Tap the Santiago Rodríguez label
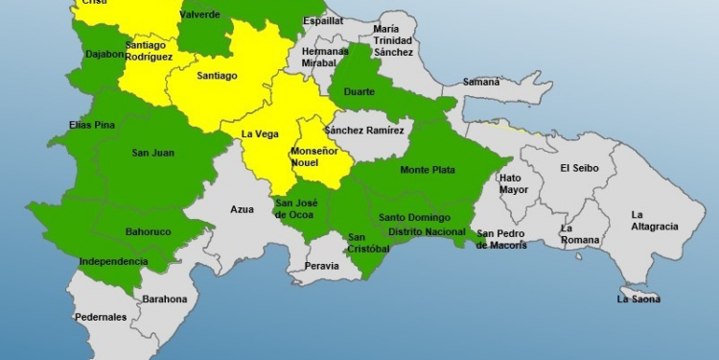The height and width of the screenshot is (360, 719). pos(149,51)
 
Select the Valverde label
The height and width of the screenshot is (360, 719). pos(199,14)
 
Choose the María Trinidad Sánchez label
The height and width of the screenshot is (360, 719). pos(393,40)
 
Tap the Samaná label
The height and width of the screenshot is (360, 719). pos(481,83)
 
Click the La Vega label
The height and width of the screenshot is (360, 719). pos(259,133)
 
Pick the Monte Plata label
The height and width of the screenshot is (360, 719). pos(428,170)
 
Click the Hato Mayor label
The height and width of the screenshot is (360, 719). pos(514,183)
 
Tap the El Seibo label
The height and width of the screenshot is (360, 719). pos(581,168)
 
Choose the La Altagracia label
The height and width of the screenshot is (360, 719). pos(654,220)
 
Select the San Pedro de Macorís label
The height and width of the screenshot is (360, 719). pos(501,239)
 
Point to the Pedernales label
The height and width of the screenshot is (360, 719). pos(101,317)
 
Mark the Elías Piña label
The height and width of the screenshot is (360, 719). pos(92,125)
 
